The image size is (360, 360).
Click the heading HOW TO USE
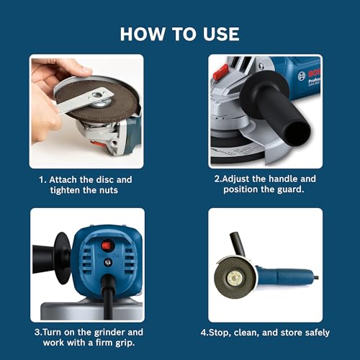coord(179,33)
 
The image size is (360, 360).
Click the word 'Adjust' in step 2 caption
coord(243,179)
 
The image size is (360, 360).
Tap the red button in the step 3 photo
coord(108,245)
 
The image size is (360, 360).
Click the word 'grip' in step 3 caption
coord(127,343)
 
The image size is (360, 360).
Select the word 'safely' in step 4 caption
coord(315,333)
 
